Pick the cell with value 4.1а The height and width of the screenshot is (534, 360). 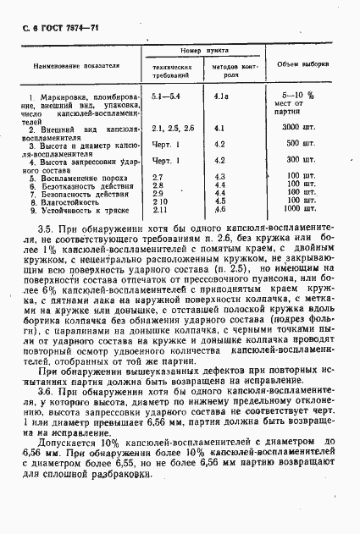tap(222, 96)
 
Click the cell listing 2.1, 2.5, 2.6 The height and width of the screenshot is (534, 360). tap(173, 128)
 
